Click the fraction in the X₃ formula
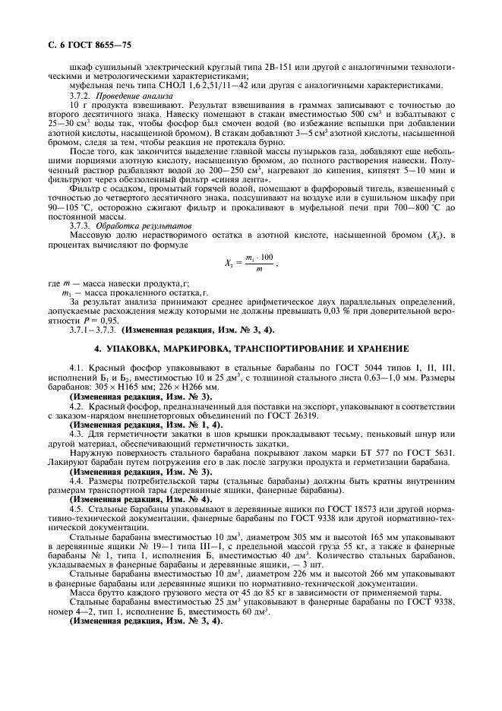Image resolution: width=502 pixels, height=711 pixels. point(262,263)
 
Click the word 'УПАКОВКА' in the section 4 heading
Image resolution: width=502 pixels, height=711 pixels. point(142,348)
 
